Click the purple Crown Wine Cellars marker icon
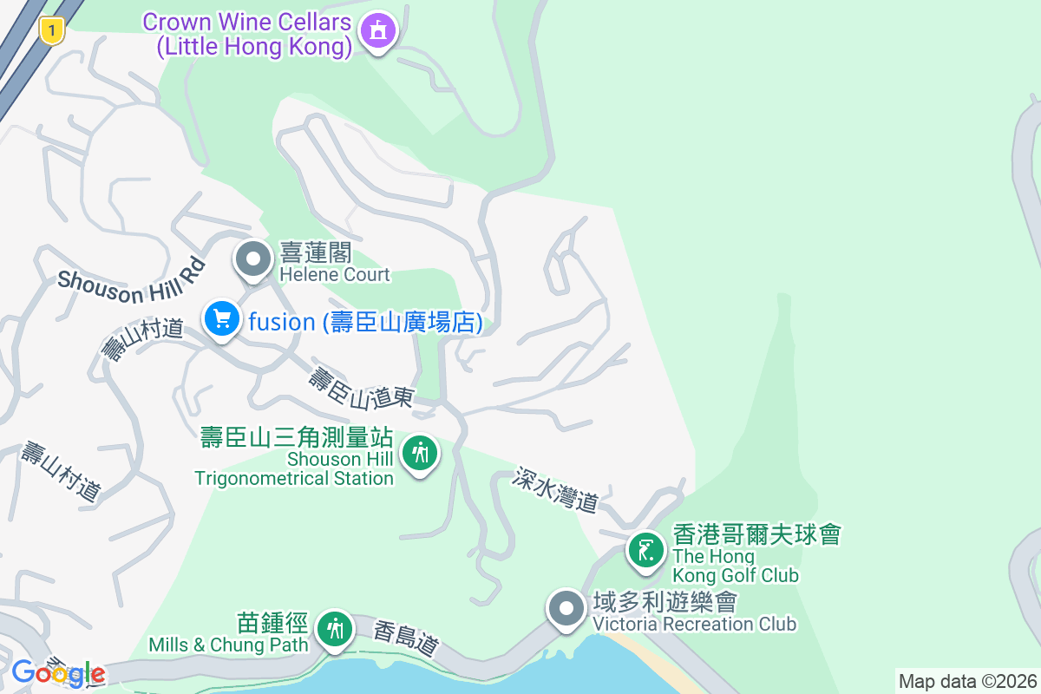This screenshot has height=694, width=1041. point(377,31)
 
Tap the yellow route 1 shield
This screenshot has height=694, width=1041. point(53,32)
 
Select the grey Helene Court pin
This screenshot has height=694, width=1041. point(253,259)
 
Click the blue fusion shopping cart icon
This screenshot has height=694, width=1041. point(222,319)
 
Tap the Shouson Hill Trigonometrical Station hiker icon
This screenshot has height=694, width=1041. point(421,454)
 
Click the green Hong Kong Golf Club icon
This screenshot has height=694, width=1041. point(645,550)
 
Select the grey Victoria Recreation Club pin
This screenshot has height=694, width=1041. point(567,608)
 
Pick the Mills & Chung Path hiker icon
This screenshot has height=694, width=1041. point(333,628)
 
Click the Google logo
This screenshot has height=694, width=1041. point(58,672)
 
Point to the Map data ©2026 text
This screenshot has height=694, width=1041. point(967,681)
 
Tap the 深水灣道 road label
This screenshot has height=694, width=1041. point(555,489)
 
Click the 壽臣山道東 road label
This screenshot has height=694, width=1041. point(361,388)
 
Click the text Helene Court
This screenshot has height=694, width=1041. point(335,275)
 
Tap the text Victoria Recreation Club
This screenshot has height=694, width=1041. point(694,624)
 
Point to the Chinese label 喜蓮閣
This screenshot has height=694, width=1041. point(316,253)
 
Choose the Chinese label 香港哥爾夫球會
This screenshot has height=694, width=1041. point(756,534)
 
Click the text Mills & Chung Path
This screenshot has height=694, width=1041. point(228,645)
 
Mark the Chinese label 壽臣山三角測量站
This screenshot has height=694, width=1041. point(297,437)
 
